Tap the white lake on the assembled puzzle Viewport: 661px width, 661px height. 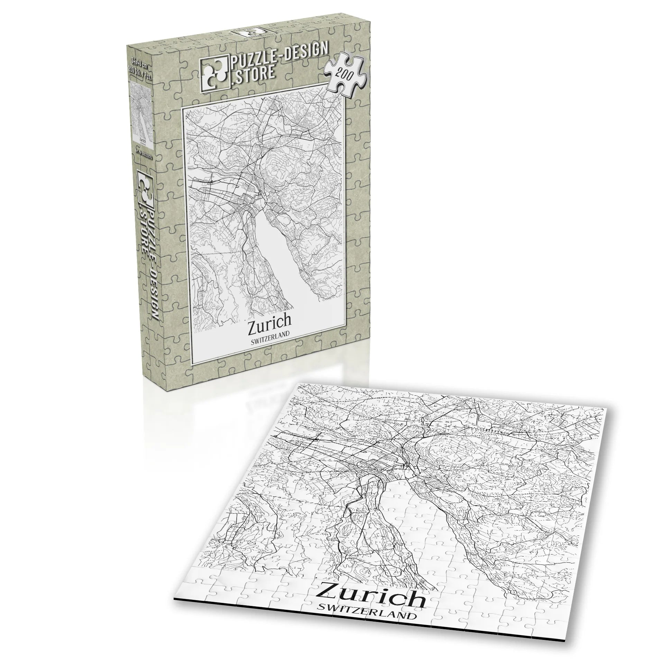click(x=419, y=540)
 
